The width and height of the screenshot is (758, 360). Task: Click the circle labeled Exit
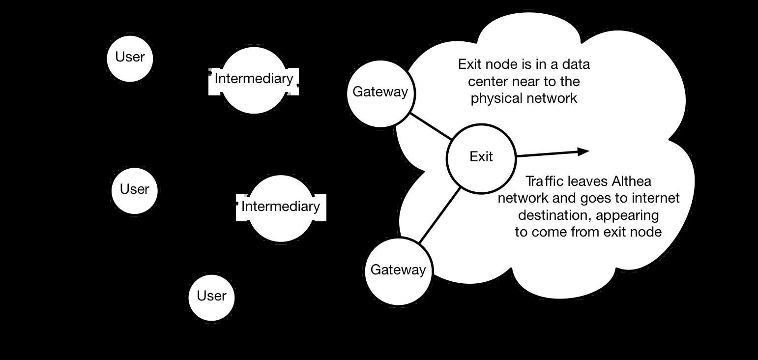(481, 158)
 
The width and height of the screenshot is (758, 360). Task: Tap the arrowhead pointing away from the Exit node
(583, 151)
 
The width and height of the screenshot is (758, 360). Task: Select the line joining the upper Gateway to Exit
(431, 126)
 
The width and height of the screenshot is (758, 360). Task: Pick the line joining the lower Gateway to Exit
(439, 215)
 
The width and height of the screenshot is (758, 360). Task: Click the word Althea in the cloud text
(632, 181)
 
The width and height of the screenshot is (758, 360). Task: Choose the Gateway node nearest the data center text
(380, 92)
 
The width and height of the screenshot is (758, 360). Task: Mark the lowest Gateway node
(398, 270)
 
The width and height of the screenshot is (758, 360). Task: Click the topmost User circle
(130, 58)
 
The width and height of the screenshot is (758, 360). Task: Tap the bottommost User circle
(211, 297)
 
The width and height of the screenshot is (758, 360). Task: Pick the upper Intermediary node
(254, 80)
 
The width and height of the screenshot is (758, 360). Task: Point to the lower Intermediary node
(281, 208)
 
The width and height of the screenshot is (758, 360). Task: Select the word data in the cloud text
(576, 64)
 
